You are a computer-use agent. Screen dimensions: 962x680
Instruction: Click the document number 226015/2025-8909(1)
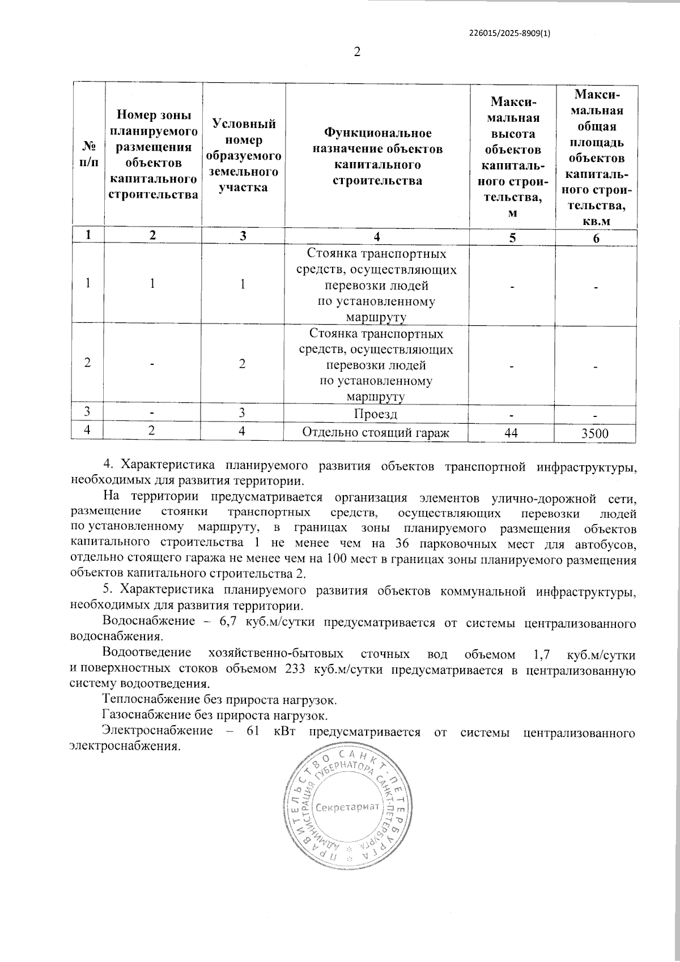510,33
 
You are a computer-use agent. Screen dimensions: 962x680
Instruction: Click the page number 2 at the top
356,52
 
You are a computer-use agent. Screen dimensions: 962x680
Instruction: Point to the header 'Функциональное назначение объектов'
377,156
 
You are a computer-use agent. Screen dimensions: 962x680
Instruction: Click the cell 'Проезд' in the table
375,414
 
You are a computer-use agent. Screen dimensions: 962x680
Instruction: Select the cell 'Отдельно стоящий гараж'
376,433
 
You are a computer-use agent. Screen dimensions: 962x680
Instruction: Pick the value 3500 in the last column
594,434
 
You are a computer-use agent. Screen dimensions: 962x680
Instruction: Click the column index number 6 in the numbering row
596,238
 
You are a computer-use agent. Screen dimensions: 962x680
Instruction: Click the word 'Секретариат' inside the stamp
347,806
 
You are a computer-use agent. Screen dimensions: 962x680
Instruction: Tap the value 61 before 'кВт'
252,731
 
